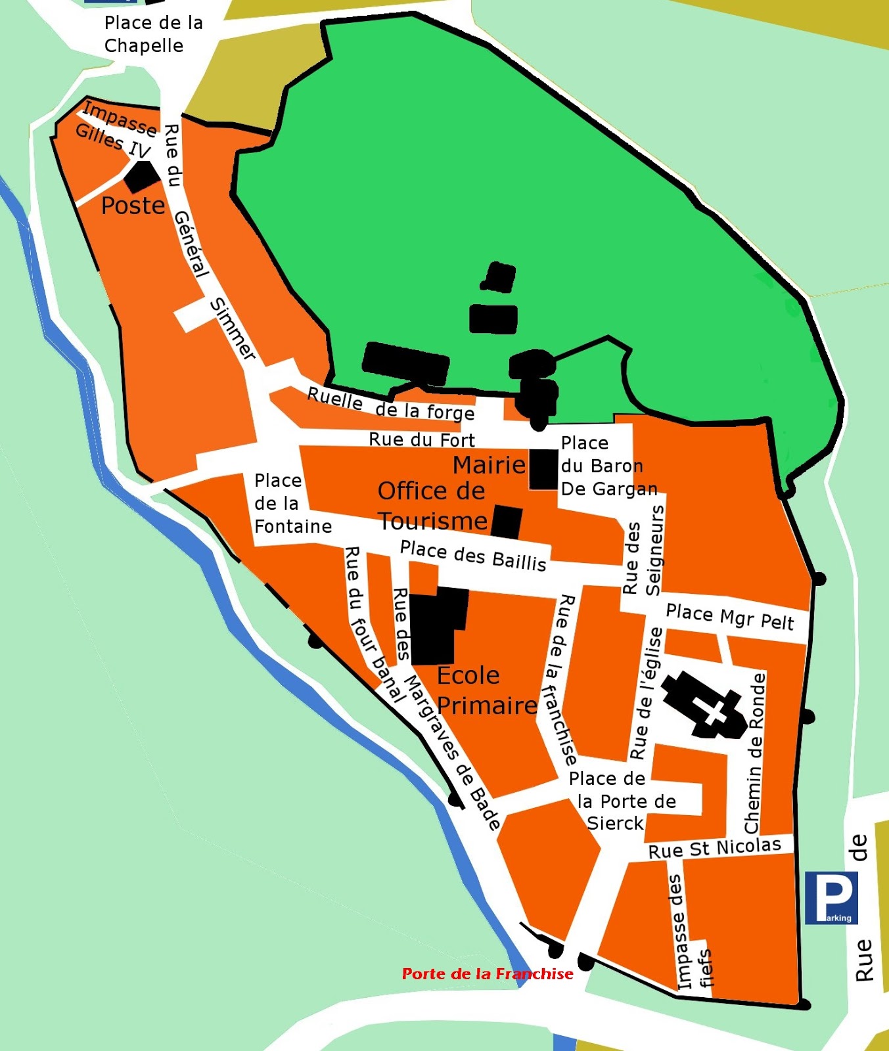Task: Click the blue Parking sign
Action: pyautogui.click(x=831, y=897)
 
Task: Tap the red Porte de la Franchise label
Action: pyautogui.click(x=487, y=973)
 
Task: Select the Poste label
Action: pyautogui.click(x=133, y=206)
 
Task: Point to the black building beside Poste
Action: pyautogui.click(x=142, y=175)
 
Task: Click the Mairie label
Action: pyautogui.click(x=489, y=465)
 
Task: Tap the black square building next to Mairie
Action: pyautogui.click(x=543, y=469)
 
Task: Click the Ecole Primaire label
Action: pyautogui.click(x=486, y=690)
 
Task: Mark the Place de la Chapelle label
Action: pyautogui.click(x=152, y=34)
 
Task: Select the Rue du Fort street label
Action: pyautogui.click(x=421, y=439)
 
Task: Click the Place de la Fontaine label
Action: pyautogui.click(x=292, y=504)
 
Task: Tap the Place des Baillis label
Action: pyautogui.click(x=473, y=556)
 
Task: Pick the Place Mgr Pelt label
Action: pyautogui.click(x=729, y=617)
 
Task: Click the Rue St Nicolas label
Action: pyautogui.click(x=714, y=848)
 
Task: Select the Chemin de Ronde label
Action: pyautogui.click(x=756, y=753)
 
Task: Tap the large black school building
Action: pyautogui.click(x=436, y=624)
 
